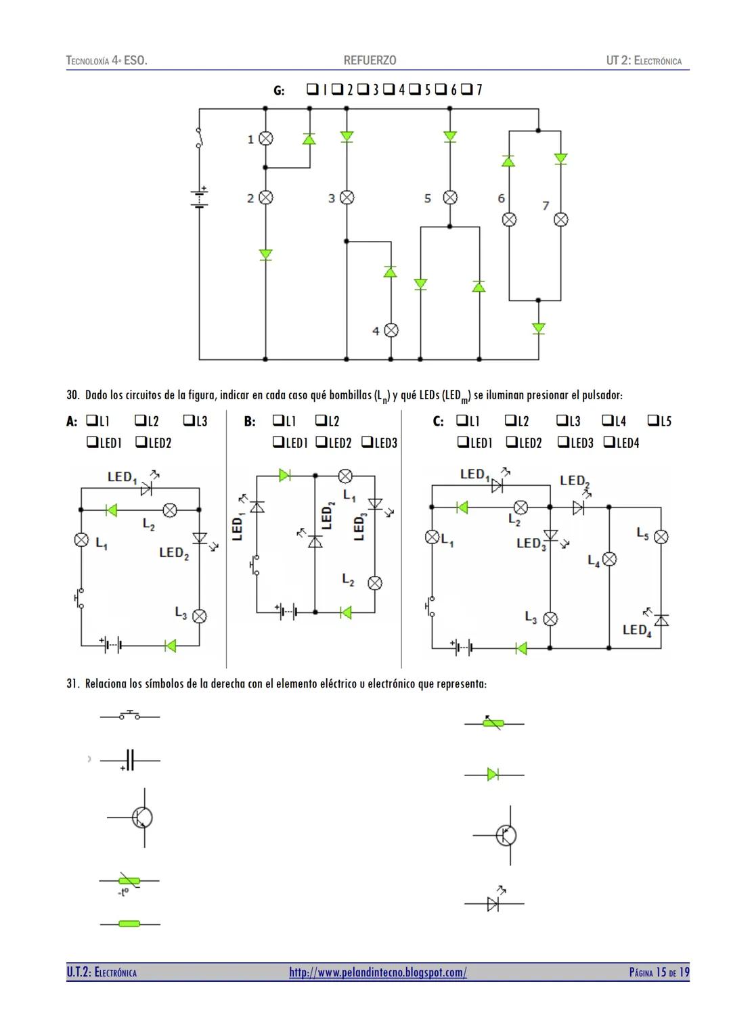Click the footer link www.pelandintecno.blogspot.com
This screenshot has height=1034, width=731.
click(378, 972)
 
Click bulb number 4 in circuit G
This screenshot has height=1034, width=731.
click(391, 330)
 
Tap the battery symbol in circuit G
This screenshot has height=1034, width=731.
click(199, 197)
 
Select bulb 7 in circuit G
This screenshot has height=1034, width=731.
click(560, 219)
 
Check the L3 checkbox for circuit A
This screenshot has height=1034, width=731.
click(189, 421)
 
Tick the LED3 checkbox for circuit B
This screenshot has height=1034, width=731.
click(367, 443)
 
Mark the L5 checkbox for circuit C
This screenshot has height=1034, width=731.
click(653, 421)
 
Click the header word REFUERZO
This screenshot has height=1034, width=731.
click(370, 61)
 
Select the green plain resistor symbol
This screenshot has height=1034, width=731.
click(129, 924)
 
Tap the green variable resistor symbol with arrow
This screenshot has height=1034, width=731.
click(493, 723)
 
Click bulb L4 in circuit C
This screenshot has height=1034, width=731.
click(609, 559)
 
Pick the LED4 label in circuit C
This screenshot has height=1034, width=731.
click(636, 630)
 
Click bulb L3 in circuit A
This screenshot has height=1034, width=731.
click(199, 616)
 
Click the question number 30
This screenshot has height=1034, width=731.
click(72, 395)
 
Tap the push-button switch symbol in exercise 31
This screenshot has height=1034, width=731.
click(130, 716)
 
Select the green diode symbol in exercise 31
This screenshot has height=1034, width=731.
click(493, 774)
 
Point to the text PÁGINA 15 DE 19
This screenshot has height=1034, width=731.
click(659, 972)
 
